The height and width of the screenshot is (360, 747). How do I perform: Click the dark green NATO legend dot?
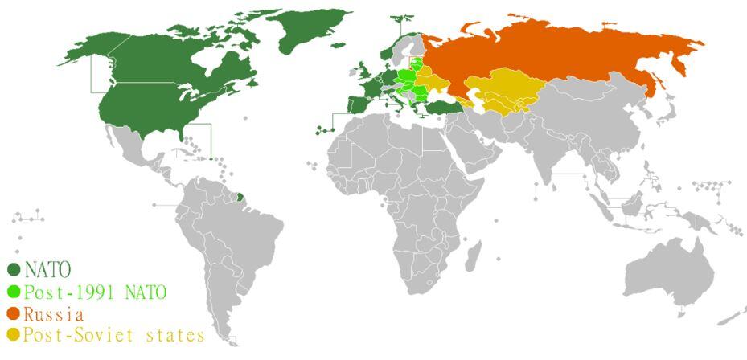(x=14, y=269)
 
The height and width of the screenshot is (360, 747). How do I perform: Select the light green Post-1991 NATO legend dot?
(x=14, y=292)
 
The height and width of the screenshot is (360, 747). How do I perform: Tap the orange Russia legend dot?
(x=14, y=313)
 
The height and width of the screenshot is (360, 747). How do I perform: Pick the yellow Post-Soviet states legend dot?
(x=14, y=334)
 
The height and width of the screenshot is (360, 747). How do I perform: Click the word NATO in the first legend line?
(x=47, y=269)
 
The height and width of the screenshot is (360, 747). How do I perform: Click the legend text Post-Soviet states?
(x=113, y=334)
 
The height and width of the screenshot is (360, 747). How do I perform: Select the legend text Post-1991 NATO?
(x=94, y=292)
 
